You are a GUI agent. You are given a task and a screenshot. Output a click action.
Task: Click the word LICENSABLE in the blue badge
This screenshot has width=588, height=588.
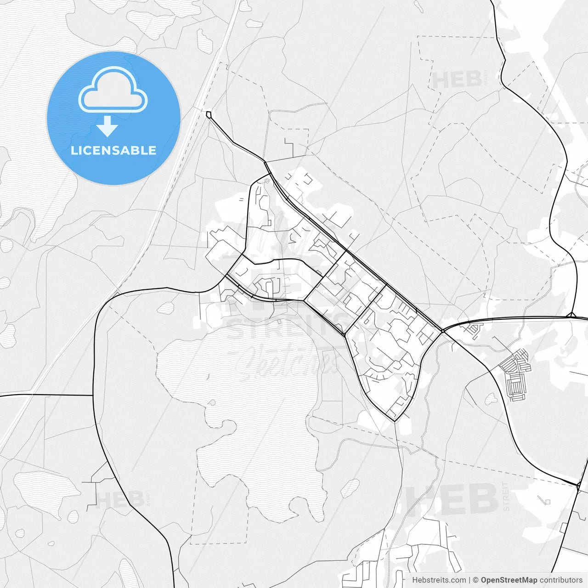[x=113, y=150]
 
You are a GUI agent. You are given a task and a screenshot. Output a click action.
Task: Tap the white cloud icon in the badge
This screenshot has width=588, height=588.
[x=113, y=90]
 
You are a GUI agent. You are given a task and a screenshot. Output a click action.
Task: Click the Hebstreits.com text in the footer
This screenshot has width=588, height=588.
[x=439, y=580]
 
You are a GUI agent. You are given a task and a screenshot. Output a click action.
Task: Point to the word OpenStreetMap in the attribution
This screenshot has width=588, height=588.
[x=509, y=580]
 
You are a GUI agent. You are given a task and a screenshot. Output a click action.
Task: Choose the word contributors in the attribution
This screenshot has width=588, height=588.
[x=561, y=580]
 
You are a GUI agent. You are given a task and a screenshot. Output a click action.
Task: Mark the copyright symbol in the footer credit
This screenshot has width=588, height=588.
[x=475, y=580]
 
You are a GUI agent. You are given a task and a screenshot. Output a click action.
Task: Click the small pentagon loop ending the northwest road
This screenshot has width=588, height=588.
[x=209, y=114]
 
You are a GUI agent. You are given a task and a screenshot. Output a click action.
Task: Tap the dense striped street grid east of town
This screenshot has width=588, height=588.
[x=515, y=372]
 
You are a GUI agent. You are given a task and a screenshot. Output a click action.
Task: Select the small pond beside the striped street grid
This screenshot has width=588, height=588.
[x=491, y=398]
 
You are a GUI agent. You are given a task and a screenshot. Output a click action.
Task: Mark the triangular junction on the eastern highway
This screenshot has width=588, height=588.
[x=571, y=315]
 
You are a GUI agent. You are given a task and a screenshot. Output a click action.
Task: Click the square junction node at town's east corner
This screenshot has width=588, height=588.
[x=441, y=330]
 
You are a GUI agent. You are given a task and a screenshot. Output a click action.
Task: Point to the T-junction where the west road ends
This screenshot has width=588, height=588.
[x=94, y=395]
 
